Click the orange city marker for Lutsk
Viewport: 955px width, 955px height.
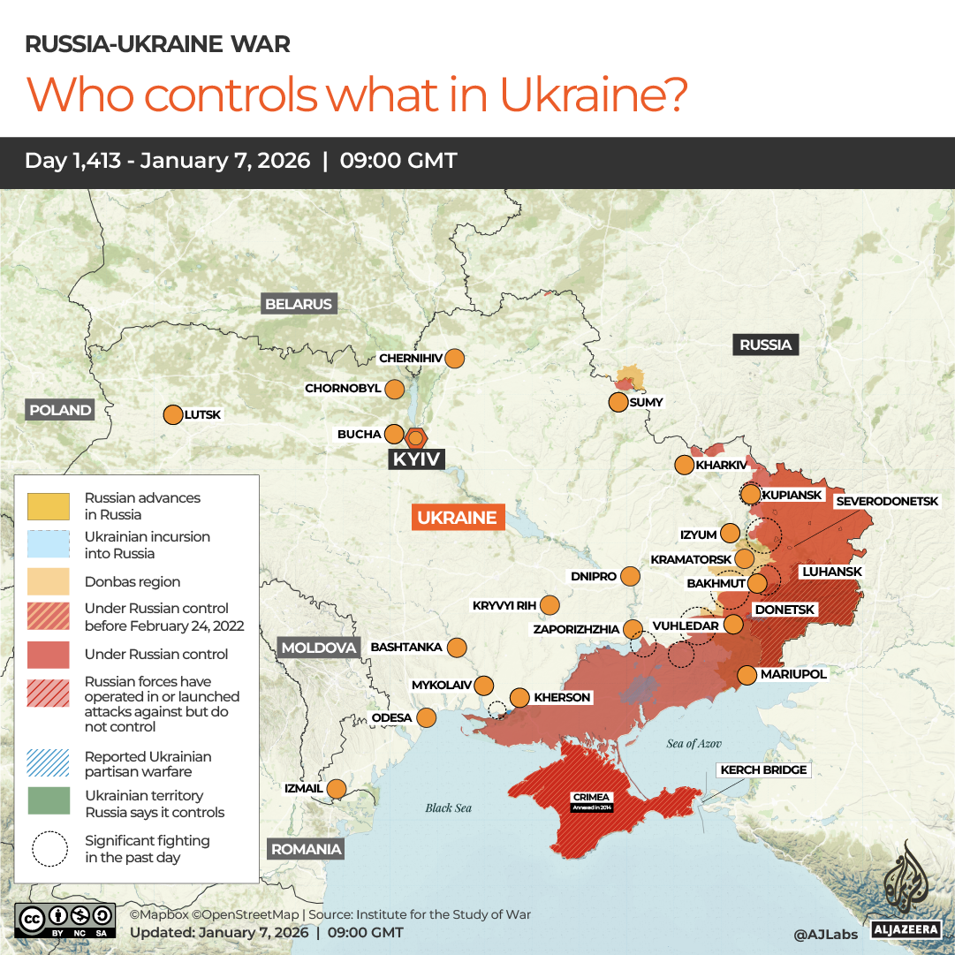click(172, 414)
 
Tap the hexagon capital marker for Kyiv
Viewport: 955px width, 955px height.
click(416, 437)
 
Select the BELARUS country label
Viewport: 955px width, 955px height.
click(299, 304)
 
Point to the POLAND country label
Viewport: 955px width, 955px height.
click(60, 410)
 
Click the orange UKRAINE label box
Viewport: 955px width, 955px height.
click(457, 518)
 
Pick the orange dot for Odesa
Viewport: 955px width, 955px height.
click(427, 717)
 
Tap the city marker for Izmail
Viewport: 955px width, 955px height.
click(337, 788)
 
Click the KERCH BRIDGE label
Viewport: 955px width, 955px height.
click(763, 769)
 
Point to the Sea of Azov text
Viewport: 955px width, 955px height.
click(695, 744)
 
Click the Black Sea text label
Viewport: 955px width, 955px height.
click(449, 807)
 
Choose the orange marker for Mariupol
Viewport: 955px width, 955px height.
click(747, 675)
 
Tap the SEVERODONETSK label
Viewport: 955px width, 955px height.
click(887, 501)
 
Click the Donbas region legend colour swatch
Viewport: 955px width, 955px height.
click(49, 582)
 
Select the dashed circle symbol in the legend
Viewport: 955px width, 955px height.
click(49, 849)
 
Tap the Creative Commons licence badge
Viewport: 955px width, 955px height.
click(65, 920)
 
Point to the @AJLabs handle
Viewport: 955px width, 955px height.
click(825, 933)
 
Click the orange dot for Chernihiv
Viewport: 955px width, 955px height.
click(455, 359)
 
